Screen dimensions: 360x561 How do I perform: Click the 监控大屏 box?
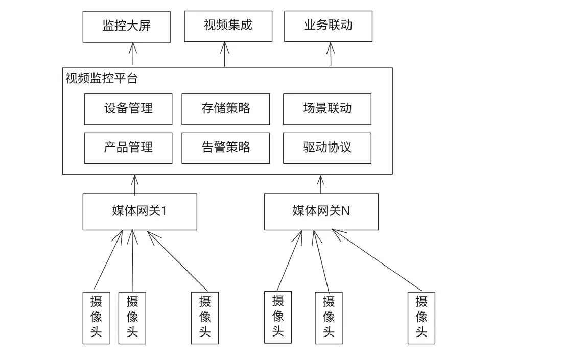point(127,27)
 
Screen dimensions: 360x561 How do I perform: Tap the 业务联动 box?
point(328,26)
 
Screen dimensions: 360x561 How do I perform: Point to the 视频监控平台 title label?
point(101,79)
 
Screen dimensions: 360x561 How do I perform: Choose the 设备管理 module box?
point(128,109)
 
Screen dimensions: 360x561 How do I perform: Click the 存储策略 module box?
point(225,109)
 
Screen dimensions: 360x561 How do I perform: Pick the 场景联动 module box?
point(327,109)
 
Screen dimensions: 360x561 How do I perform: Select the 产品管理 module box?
point(128,148)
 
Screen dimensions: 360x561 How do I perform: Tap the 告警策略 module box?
point(225,148)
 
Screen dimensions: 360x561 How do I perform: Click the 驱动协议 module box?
point(327,148)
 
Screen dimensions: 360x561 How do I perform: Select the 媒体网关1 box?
point(139,211)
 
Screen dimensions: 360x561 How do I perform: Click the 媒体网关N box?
point(321,211)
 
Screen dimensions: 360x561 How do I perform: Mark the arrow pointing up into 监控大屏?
point(133,54)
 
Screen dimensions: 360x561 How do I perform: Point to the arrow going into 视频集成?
point(225,54)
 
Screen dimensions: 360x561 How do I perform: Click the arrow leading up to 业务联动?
point(331,54)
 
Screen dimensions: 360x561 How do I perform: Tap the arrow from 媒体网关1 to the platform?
point(135,184)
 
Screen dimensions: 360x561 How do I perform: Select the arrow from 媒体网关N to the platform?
point(321,184)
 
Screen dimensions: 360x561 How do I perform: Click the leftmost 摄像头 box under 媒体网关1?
point(96,317)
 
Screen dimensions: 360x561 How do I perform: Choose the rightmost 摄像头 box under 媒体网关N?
point(421,317)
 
